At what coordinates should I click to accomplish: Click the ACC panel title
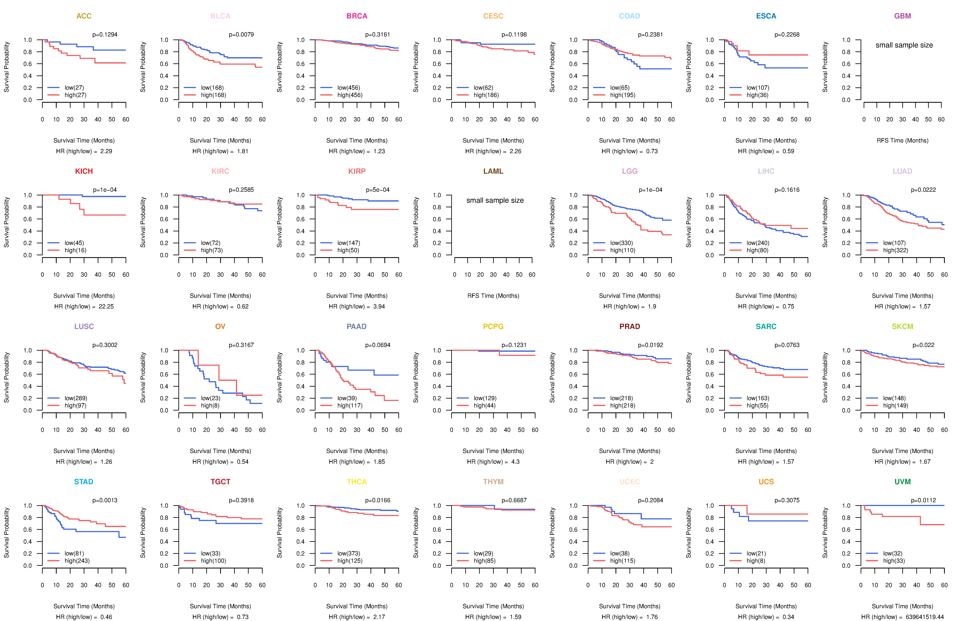pyautogui.click(x=84, y=16)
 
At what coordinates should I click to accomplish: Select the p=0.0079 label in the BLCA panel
pyautogui.click(x=241, y=35)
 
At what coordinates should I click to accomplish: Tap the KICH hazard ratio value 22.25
pyautogui.click(x=106, y=306)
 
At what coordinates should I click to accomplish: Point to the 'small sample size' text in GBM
pyautogui.click(x=904, y=45)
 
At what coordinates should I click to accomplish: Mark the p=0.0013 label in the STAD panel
pyautogui.click(x=105, y=500)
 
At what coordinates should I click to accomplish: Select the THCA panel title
pyautogui.click(x=357, y=482)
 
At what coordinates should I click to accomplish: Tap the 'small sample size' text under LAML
pyautogui.click(x=495, y=200)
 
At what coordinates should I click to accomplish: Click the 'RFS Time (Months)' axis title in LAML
pyautogui.click(x=493, y=296)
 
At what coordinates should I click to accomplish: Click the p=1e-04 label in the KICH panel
pyautogui.click(x=105, y=190)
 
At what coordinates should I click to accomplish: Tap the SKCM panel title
pyautogui.click(x=902, y=326)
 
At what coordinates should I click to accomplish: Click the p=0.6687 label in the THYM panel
pyautogui.click(x=514, y=500)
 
